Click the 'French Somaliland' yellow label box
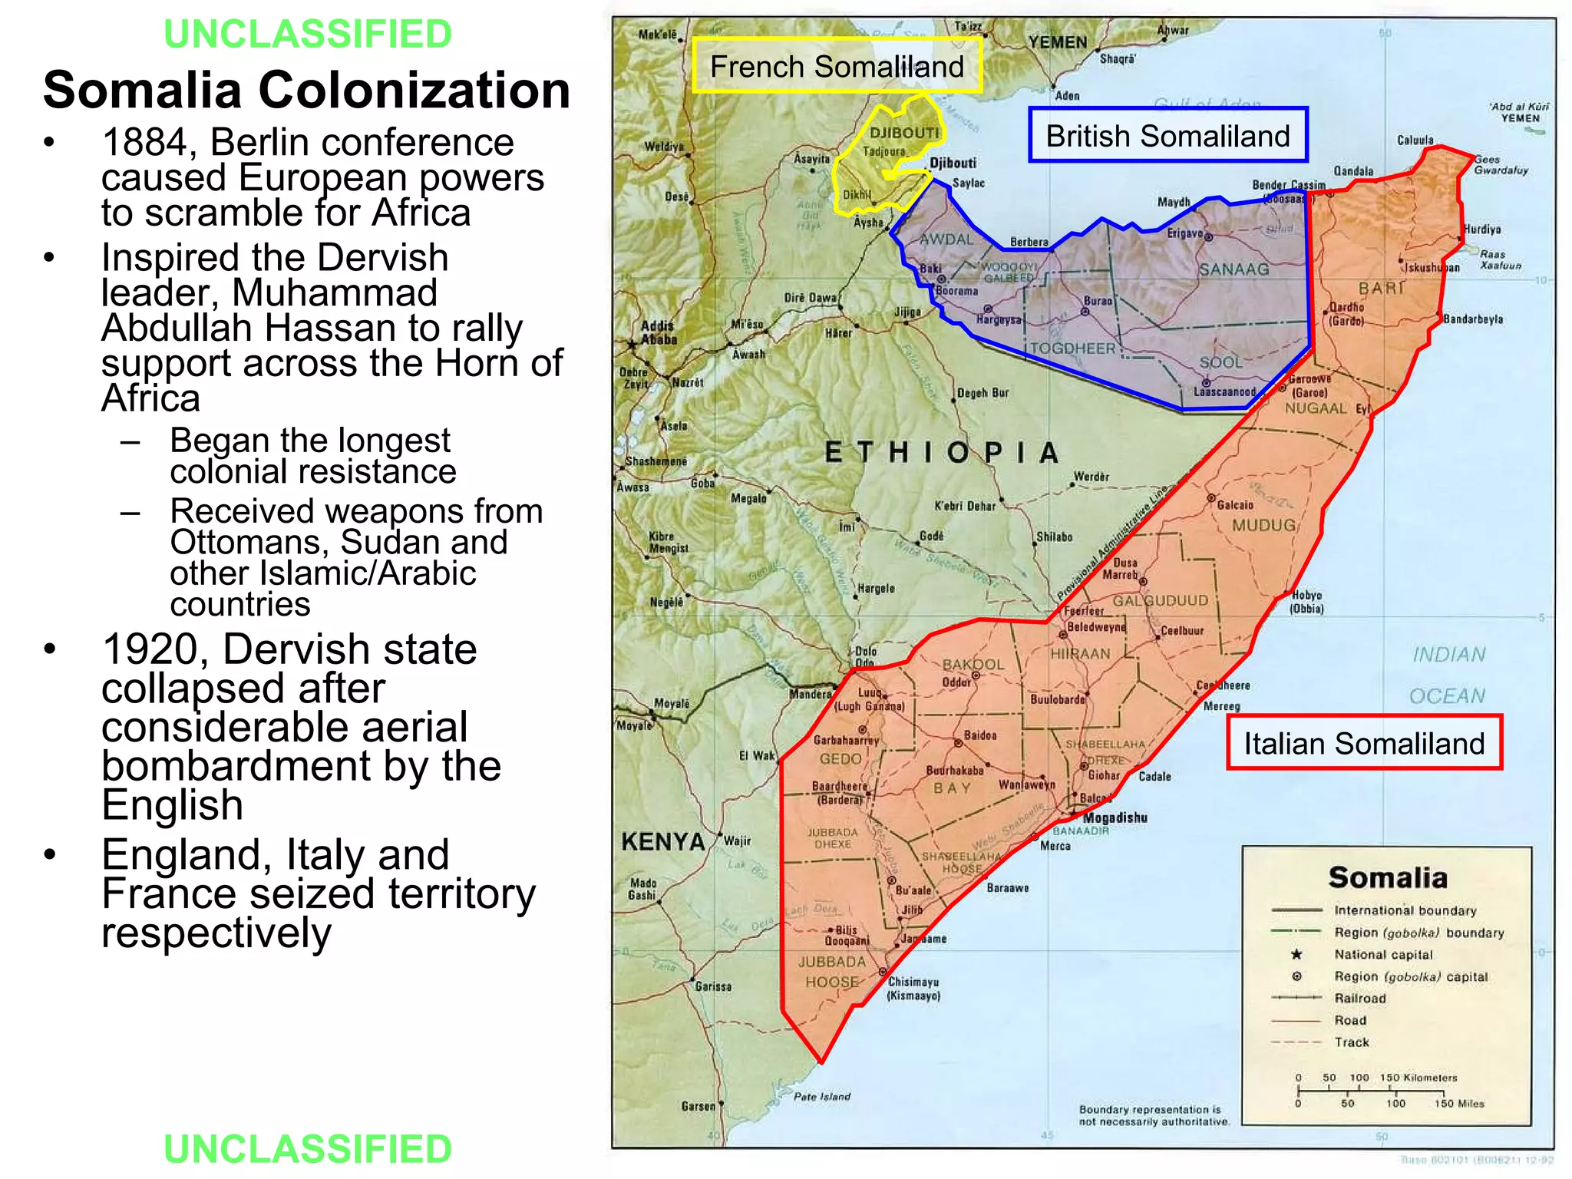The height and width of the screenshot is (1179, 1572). coord(837,67)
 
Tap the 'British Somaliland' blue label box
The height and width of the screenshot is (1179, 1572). coord(1167,137)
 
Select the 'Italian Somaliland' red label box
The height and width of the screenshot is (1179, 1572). coord(1364,744)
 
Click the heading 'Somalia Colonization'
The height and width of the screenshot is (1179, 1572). coord(306,90)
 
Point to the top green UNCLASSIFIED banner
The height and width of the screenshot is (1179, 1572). coord(308,34)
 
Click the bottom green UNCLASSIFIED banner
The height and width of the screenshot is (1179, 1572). coord(308,1149)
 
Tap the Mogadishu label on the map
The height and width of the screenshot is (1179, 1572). coord(1115,818)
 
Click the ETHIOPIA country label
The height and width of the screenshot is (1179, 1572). coord(942,453)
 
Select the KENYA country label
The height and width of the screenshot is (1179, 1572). coord(662,842)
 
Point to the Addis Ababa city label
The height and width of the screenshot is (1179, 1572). coord(659,332)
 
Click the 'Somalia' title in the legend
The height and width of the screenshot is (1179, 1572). coord(1388,877)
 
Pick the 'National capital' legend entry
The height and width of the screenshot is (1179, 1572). coord(1383,955)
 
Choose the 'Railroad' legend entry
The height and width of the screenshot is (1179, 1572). coord(1360,999)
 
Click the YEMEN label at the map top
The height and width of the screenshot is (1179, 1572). coord(1058,43)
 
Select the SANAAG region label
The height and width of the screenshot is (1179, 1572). coord(1234,269)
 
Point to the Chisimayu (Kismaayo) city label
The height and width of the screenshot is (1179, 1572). coord(913,989)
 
